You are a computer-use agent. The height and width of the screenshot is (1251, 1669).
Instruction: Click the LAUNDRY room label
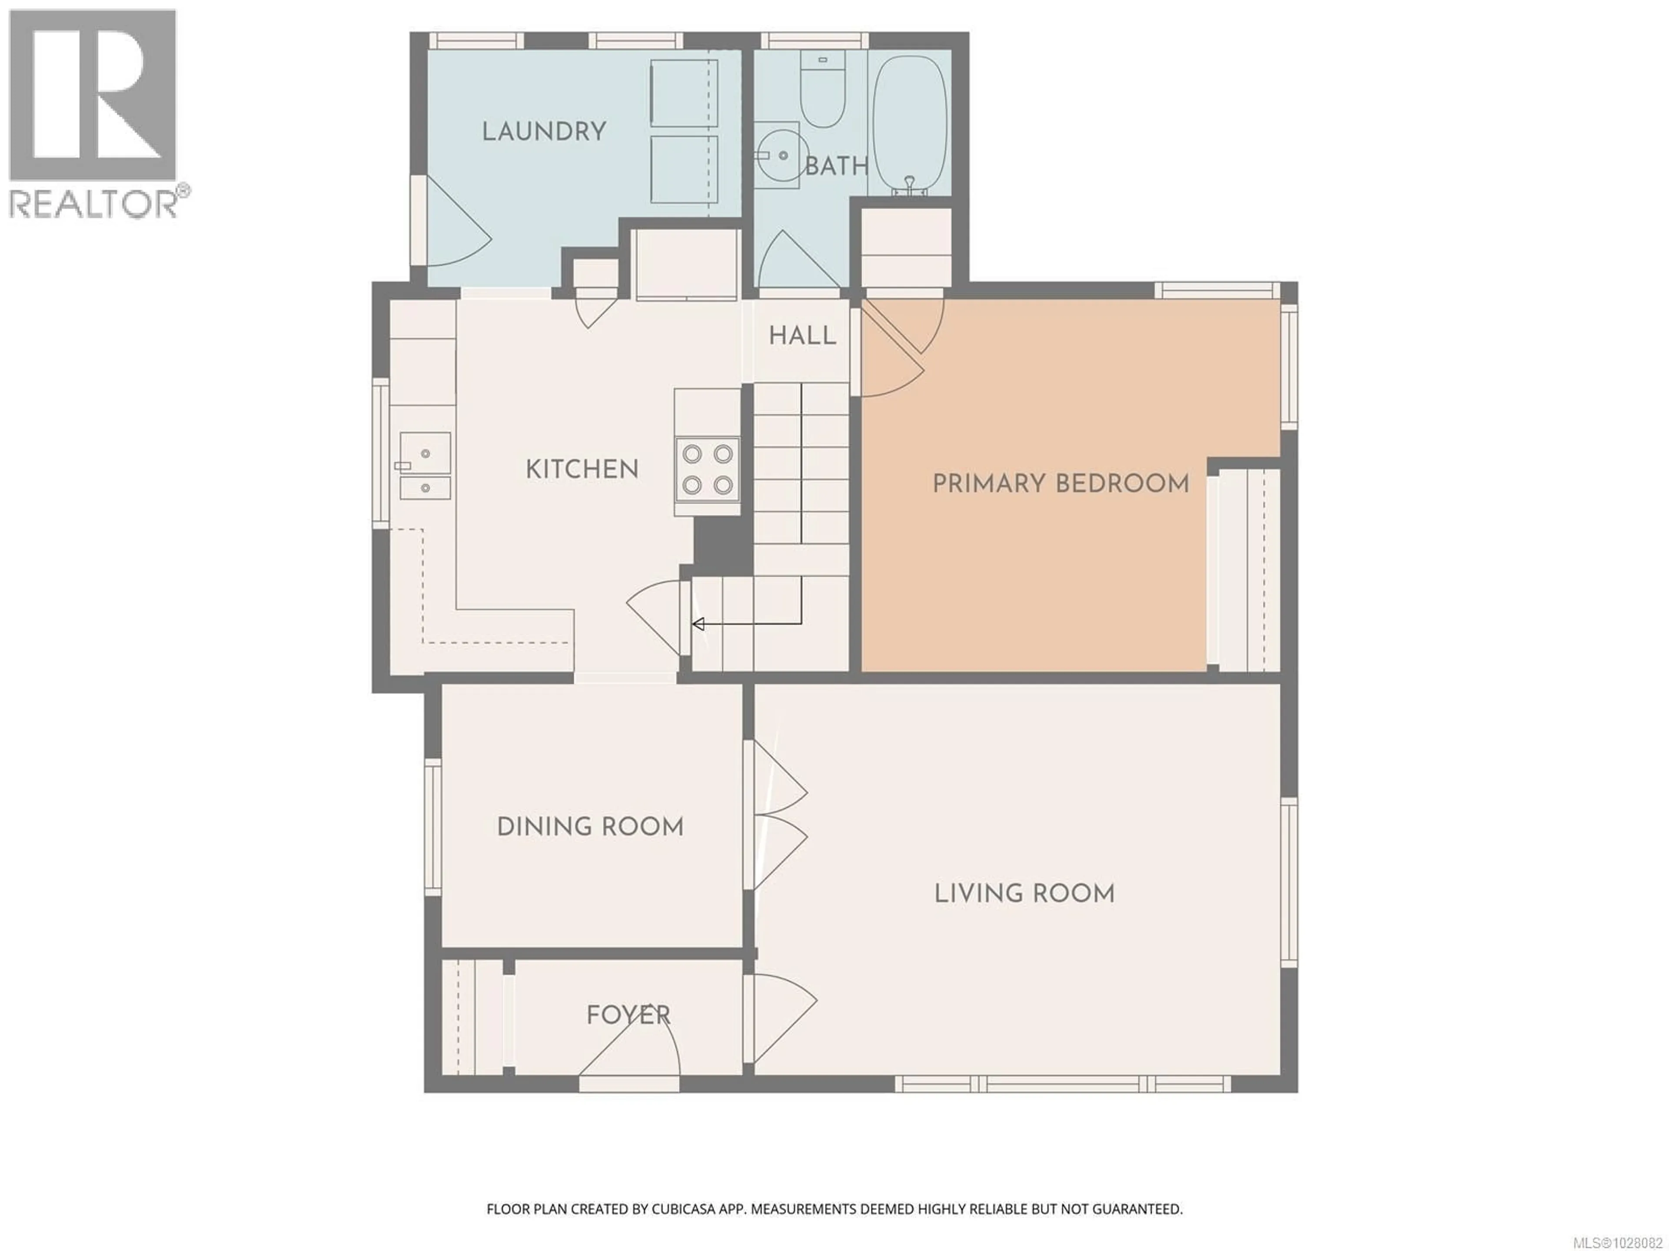click(544, 132)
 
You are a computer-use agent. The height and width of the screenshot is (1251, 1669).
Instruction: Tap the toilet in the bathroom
click(822, 94)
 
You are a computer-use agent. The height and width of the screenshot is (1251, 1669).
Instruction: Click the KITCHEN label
click(582, 470)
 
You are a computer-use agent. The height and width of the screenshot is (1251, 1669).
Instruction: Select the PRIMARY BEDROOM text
click(1061, 483)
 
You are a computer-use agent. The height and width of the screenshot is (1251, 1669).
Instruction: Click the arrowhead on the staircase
click(698, 624)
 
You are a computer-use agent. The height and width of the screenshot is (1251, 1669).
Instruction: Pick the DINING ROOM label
click(590, 827)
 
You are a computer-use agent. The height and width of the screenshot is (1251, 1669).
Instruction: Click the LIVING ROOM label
click(1024, 894)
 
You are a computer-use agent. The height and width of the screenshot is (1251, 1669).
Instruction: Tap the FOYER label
click(628, 1015)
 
